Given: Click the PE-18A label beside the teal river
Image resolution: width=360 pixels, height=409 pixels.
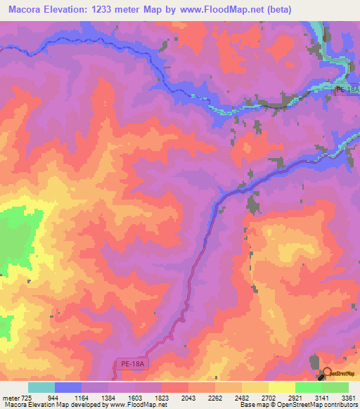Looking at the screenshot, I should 347,89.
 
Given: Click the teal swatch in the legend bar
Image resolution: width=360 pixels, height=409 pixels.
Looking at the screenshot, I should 41,388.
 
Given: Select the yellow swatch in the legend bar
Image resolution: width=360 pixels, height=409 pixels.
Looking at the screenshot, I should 281,388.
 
